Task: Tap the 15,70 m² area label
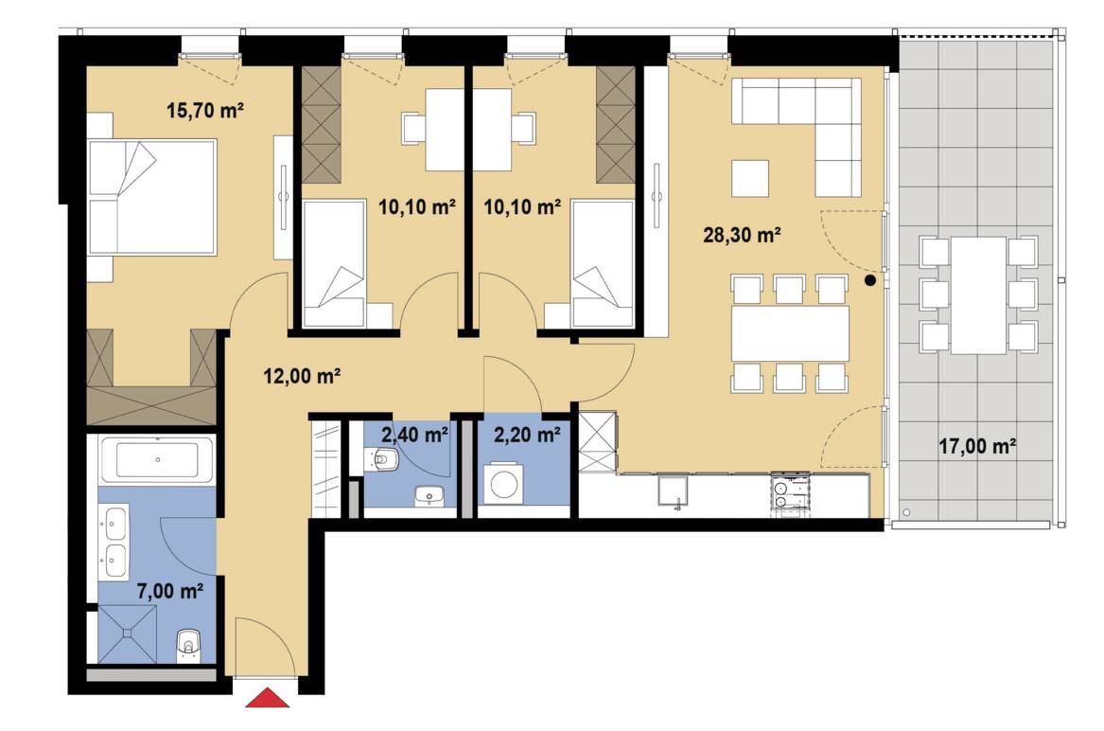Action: coord(205,110)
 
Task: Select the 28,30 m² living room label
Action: coord(742,235)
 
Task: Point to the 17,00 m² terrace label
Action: coord(977,445)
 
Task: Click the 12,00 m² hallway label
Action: coord(302,376)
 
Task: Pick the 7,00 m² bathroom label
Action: coord(170,591)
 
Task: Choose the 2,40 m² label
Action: coord(414,435)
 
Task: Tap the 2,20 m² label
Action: coord(527,435)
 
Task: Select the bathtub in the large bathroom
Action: coord(157,459)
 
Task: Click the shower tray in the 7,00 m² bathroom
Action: coord(127,634)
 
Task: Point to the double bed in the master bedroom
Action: coord(151,197)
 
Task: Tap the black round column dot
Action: coord(870,280)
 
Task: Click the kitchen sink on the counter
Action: coord(674,490)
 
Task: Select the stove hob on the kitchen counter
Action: coord(791,490)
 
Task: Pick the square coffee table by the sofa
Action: coord(750,178)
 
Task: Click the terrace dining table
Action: coord(979,295)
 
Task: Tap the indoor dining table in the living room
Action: coord(790,332)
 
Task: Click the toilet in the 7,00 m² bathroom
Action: coord(188,645)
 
